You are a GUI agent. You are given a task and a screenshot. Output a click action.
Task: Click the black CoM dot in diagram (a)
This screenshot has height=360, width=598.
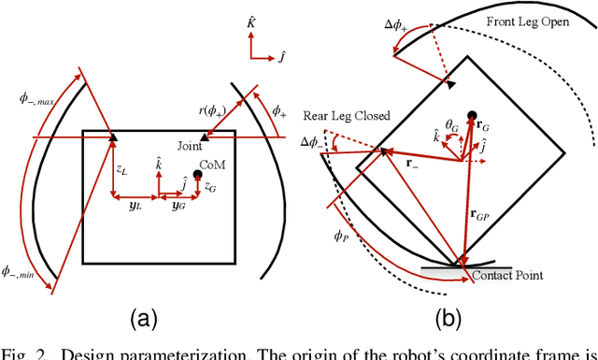tap(222, 175)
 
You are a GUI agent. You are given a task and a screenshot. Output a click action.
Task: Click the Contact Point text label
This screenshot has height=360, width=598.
tap(508, 277)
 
